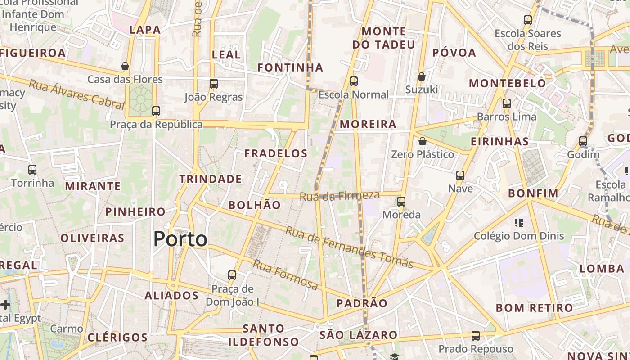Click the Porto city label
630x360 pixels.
[180, 239]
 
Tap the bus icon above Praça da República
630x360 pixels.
[156, 111]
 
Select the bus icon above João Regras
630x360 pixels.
[214, 83]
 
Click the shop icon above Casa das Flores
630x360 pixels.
[125, 66]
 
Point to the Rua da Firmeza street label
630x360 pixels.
[340, 196]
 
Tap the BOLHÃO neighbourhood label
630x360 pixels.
[254, 205]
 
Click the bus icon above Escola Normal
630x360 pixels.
[354, 81]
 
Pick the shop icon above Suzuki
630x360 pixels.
[422, 76]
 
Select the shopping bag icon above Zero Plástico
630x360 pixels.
[423, 141]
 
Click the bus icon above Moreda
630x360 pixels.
[401, 201]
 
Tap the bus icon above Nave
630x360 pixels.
[460, 175]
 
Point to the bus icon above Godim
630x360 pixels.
[583, 141]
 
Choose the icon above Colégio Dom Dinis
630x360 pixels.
[518, 222]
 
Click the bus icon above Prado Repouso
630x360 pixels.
[476, 335]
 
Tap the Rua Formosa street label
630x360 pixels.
[285, 274]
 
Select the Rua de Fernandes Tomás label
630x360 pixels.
[349, 247]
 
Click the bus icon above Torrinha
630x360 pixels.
[32, 170]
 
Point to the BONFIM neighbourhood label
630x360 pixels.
[533, 193]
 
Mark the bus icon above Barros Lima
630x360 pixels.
[507, 103]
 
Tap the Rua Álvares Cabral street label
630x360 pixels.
[76, 94]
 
